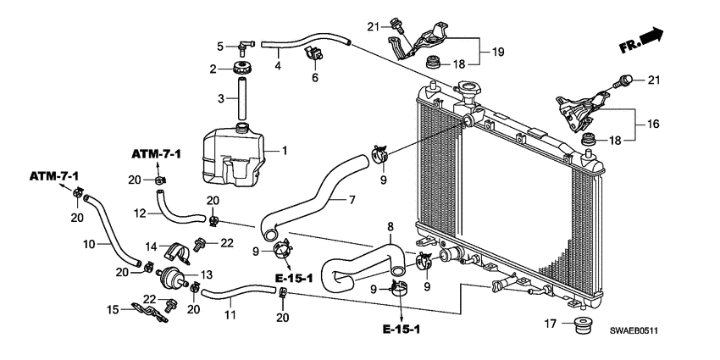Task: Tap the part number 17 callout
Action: coord(548,323)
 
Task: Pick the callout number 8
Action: coord(390,226)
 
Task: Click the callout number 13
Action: coord(208,275)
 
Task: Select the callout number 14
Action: coord(150,246)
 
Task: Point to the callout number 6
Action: coord(314,78)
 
